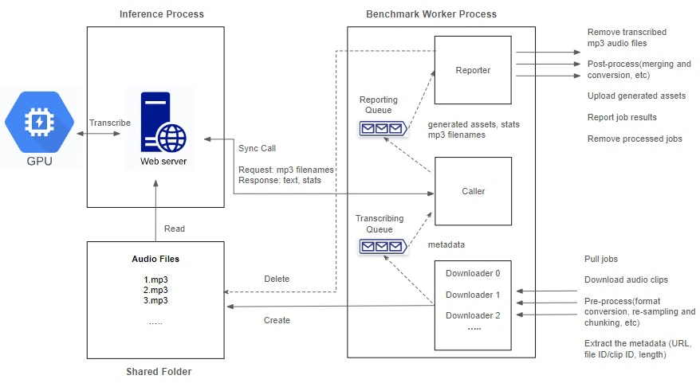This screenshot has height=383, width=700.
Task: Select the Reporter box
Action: pos(473,70)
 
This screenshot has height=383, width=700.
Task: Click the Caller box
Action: pos(473,191)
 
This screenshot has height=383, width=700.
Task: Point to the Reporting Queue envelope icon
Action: pos(383,128)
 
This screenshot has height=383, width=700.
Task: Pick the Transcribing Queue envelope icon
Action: pos(383,246)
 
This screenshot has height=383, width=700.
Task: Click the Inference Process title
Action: pos(161,14)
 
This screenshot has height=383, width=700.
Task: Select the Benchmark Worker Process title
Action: pos(431,14)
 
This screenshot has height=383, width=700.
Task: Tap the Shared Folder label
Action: pos(159,372)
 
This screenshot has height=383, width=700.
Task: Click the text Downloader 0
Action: pos(473,273)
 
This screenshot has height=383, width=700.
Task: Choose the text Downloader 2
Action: pos(473,315)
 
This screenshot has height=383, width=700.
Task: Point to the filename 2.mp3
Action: pos(155,290)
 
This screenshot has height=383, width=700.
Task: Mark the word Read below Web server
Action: pos(174,229)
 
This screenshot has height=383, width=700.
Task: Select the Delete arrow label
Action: pos(277,279)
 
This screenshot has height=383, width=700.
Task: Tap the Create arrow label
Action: pos(277,320)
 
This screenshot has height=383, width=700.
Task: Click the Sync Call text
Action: pos(257,148)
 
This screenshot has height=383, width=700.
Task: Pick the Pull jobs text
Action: pos(601,260)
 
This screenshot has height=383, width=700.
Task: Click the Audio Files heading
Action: pos(155,260)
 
